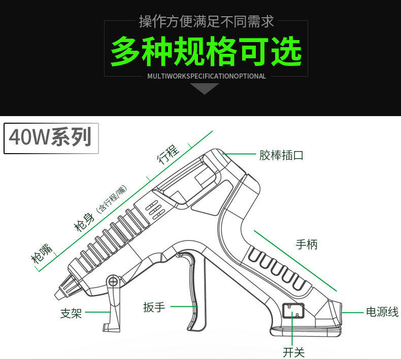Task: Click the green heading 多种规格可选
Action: click(206, 51)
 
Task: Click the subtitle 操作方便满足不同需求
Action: click(206, 21)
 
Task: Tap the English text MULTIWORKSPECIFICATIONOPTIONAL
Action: click(206, 77)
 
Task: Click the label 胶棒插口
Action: click(281, 155)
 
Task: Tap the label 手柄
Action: click(307, 244)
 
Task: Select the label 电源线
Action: click(383, 311)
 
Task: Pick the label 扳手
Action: click(154, 307)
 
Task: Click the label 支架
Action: click(71, 314)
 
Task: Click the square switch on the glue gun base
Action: click(293, 311)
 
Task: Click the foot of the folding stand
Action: click(108, 327)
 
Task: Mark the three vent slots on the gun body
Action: click(152, 209)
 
